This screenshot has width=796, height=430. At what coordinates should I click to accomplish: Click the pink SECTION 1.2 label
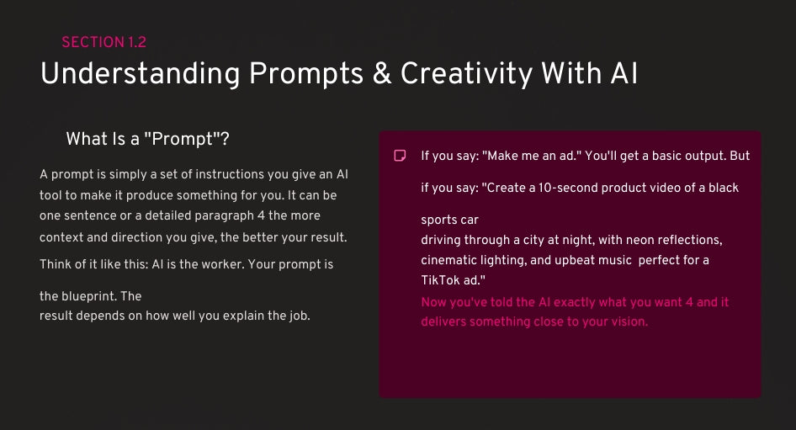pos(104,41)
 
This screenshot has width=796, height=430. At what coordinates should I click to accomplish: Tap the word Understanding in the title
pos(141,74)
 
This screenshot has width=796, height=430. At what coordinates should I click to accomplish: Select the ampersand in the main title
pos(382,73)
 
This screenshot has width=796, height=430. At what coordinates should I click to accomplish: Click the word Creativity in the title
pos(466,74)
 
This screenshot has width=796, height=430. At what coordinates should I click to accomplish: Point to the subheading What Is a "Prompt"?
pos(148,139)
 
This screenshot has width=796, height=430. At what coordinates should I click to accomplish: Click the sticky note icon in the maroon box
pos(400,156)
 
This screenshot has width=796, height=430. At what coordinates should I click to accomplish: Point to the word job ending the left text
pos(299,316)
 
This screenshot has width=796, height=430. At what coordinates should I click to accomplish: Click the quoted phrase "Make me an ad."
pos(532,156)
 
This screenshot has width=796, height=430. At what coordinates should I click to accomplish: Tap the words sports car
pos(450,220)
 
